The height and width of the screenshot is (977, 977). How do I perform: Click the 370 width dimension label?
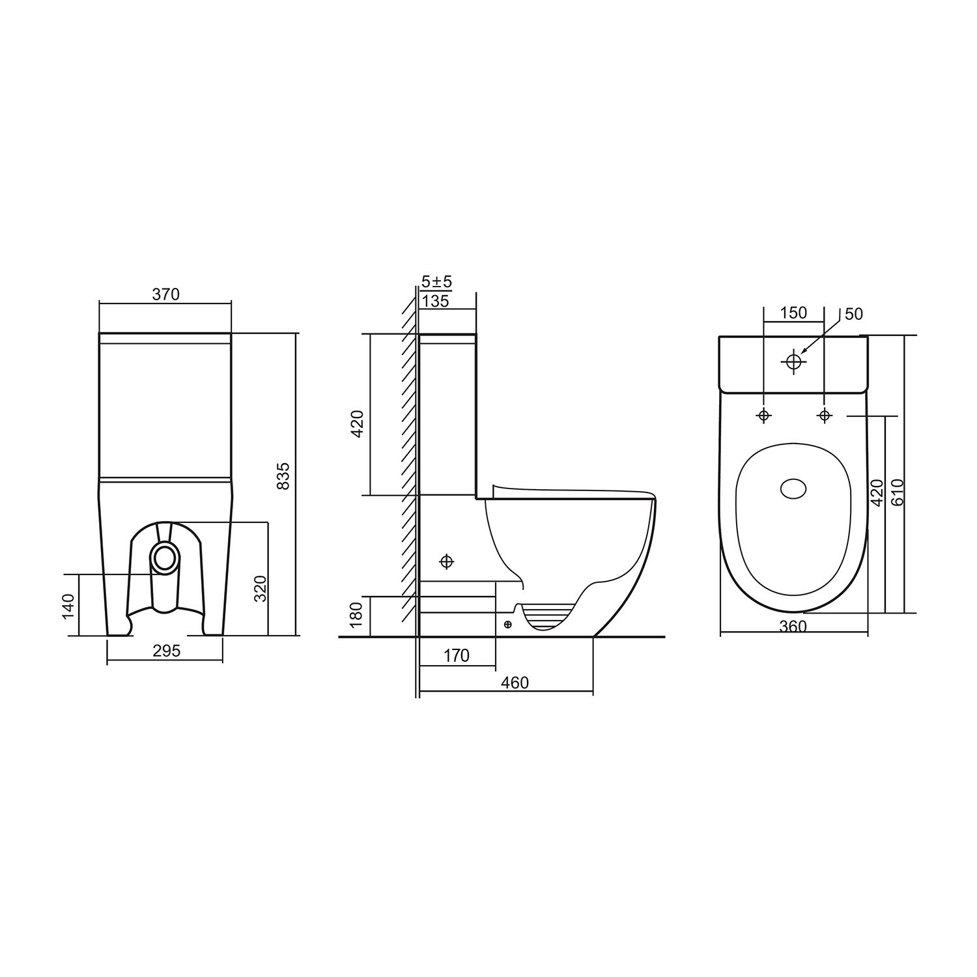165,294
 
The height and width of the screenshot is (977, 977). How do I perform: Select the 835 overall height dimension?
283,476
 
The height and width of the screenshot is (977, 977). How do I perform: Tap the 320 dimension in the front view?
260,589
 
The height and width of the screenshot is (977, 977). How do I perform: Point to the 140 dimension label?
69,606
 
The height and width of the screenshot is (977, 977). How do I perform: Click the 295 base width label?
166,651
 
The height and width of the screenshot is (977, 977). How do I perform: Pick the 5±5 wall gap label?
436,282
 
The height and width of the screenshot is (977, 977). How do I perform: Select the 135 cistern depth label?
436,301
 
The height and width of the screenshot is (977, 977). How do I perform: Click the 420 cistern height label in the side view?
358,424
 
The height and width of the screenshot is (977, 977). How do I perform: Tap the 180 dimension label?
356,616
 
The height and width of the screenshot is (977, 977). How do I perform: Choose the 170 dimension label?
456,655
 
